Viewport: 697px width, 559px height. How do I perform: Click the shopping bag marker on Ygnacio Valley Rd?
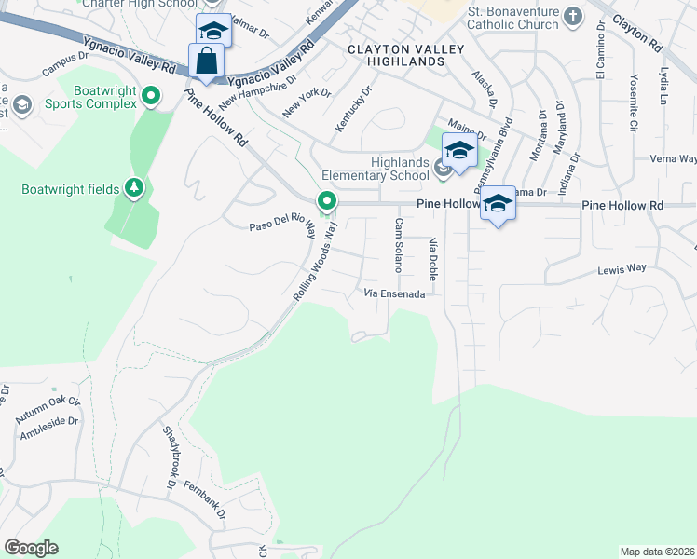coord(206,61)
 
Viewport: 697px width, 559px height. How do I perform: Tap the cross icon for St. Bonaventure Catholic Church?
coord(573,16)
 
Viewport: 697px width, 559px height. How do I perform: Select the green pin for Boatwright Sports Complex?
coord(150,95)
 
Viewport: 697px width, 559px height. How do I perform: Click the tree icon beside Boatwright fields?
coord(135,189)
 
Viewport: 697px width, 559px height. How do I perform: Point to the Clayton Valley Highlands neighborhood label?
coord(395,54)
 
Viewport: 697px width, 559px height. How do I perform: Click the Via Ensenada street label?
coord(394,294)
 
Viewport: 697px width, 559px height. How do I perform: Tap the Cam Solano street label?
coord(398,244)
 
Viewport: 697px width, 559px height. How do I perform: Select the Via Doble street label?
coord(432,259)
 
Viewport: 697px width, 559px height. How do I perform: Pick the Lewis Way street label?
coord(622,268)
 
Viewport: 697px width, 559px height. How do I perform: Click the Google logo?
coord(31,548)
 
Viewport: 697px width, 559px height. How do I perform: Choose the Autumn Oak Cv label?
coord(48,403)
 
